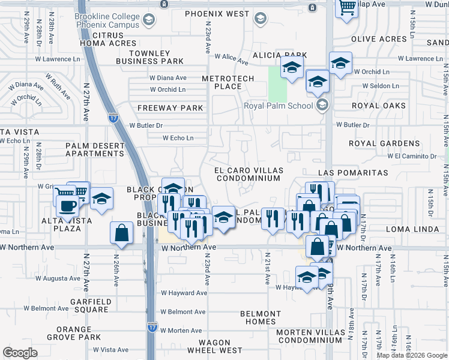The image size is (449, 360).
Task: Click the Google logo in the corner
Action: (x=20, y=353)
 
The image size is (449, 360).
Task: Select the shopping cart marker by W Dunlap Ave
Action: (x=347, y=8)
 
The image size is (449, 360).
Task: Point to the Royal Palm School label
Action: (x=279, y=106)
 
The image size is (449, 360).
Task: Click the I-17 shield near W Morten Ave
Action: (x=152, y=328)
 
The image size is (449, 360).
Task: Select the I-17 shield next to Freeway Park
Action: (x=113, y=116)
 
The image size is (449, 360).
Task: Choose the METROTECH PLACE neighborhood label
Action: (x=228, y=83)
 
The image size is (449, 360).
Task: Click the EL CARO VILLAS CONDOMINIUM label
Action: (x=248, y=174)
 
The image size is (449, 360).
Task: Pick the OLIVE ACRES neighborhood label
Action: (x=379, y=39)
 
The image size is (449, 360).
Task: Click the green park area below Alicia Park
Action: (x=277, y=85)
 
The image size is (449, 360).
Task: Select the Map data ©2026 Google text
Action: (x=412, y=355)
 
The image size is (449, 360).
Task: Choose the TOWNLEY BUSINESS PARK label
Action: (x=149, y=57)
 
